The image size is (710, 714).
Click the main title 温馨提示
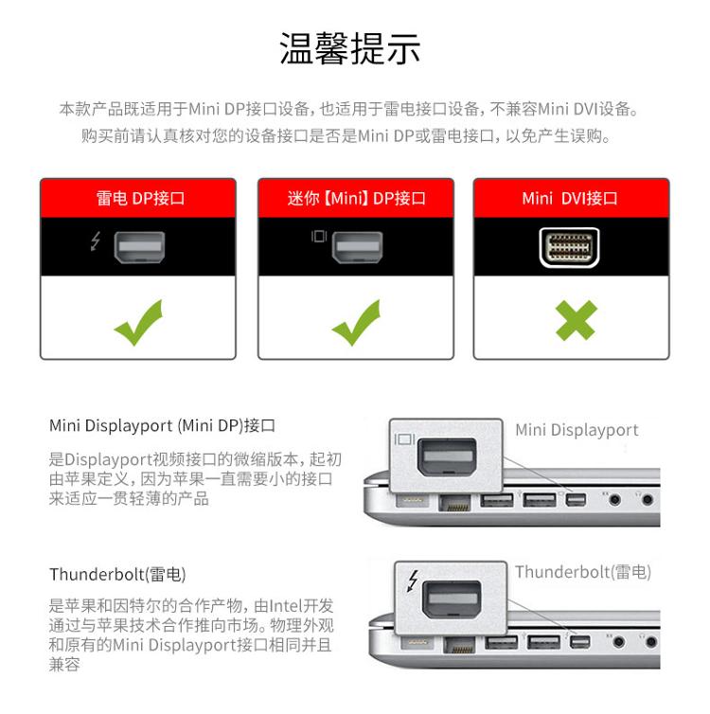(x=349, y=48)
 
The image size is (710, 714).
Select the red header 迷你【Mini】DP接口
(x=356, y=198)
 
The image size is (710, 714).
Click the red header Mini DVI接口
(x=570, y=198)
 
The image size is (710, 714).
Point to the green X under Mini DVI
(x=576, y=320)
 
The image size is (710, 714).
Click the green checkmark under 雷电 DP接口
(x=138, y=322)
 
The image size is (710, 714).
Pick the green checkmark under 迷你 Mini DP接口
(x=356, y=322)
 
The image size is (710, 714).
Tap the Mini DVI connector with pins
(x=569, y=247)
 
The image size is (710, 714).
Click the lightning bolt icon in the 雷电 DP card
(x=95, y=241)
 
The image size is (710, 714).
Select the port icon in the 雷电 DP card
(x=139, y=247)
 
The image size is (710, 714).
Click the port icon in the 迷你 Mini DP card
(x=357, y=247)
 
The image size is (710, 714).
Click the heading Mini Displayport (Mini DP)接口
(x=163, y=425)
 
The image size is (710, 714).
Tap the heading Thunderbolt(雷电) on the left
(x=117, y=574)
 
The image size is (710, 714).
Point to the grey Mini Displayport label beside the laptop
(x=577, y=430)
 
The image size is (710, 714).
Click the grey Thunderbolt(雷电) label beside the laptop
(x=583, y=572)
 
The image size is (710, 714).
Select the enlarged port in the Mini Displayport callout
(x=447, y=456)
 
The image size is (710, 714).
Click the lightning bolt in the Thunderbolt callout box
(x=413, y=580)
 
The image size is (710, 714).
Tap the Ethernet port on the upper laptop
(x=454, y=503)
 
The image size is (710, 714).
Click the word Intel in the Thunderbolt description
(x=286, y=606)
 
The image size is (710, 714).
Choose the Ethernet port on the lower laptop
(x=459, y=645)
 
